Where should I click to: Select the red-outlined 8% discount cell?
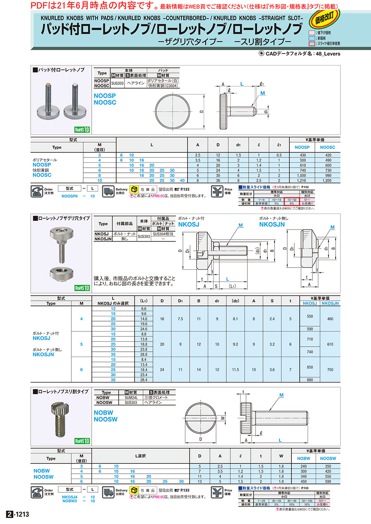click(x=292, y=203)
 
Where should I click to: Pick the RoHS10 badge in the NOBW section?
click(x=82, y=441)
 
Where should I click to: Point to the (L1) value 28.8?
click(x=144, y=354)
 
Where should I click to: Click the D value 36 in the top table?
click(x=218, y=181)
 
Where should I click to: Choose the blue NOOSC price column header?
click(x=327, y=147)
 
